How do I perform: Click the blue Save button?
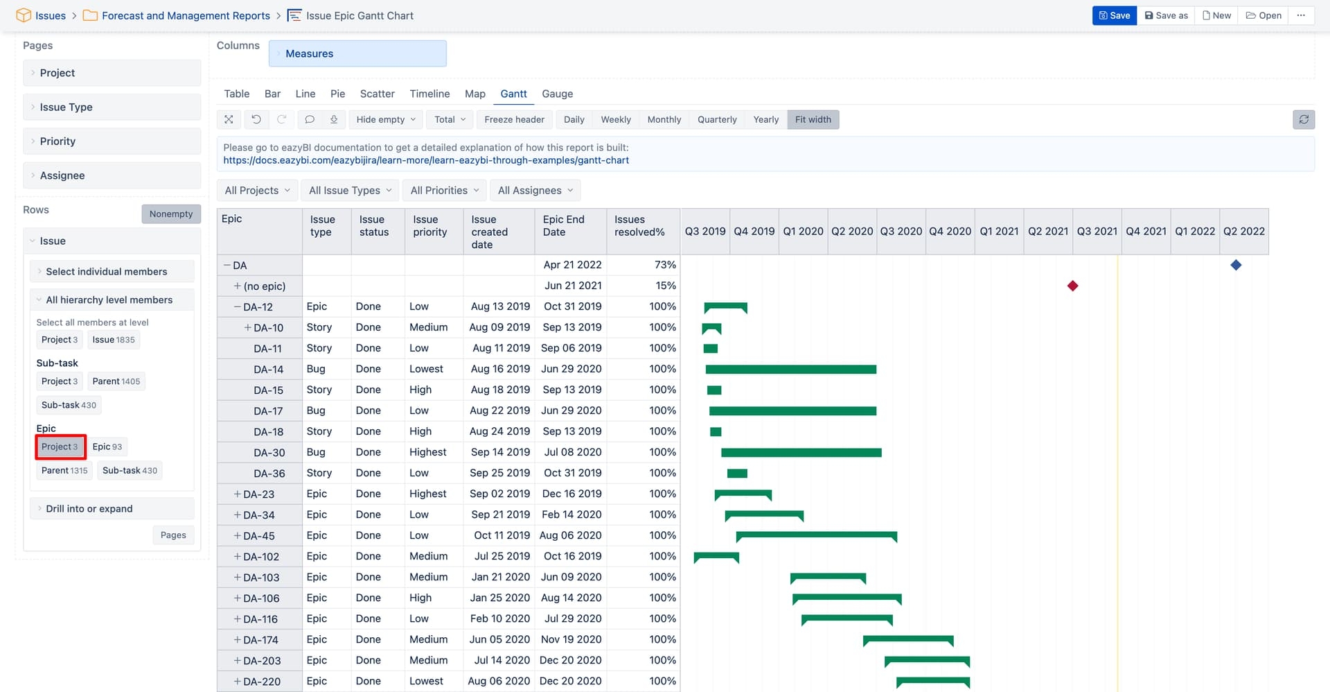tap(1114, 15)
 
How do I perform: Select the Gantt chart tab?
tap(513, 94)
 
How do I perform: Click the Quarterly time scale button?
tap(716, 119)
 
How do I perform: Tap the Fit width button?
tap(813, 119)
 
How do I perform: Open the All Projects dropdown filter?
tap(257, 190)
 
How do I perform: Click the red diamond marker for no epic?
tap(1072, 286)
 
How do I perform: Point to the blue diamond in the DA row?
tap(1236, 265)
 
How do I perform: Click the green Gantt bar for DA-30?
tap(801, 452)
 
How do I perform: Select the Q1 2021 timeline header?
tap(999, 231)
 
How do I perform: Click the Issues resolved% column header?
tap(639, 226)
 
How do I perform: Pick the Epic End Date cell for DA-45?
tap(570, 535)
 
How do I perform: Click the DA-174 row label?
tap(260, 639)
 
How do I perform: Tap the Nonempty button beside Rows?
tap(171, 214)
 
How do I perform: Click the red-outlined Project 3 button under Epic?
tap(60, 447)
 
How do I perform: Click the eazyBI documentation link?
tap(425, 160)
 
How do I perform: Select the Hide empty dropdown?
tap(386, 119)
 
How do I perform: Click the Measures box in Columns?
tap(357, 53)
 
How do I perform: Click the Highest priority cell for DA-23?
tap(427, 494)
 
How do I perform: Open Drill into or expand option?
tap(89, 508)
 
